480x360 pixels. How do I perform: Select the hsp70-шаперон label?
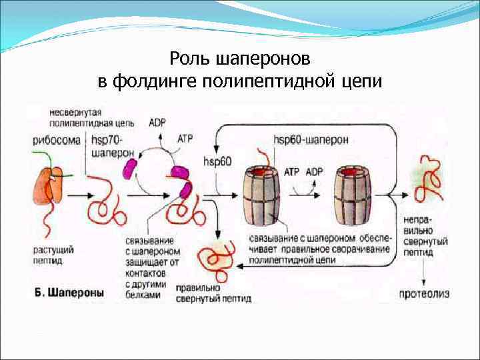[x=107, y=146]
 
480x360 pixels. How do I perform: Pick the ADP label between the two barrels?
[x=314, y=171]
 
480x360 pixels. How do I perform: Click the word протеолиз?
[x=425, y=293]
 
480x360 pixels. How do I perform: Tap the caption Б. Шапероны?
[x=68, y=292]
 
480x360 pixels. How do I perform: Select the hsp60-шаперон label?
[x=310, y=140]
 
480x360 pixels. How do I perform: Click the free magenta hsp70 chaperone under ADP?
[x=129, y=167]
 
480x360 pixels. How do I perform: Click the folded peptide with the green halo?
[x=217, y=257]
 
